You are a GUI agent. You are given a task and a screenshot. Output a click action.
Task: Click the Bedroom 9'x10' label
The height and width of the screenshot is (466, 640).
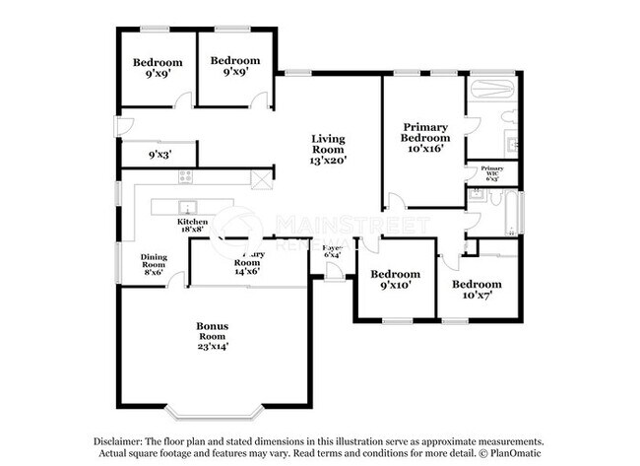click(x=394, y=279)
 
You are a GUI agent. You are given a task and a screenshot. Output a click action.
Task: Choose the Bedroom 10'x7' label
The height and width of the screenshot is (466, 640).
click(x=477, y=289)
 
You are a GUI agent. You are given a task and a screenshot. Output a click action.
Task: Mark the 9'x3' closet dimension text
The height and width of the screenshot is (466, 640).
click(x=158, y=155)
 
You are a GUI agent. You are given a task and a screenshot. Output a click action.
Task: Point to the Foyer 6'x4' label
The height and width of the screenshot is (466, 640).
click(x=332, y=251)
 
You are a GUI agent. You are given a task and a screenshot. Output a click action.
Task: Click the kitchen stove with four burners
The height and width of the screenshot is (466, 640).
click(x=184, y=176)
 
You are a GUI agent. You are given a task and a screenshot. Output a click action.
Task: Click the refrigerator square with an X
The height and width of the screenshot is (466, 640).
click(x=260, y=179)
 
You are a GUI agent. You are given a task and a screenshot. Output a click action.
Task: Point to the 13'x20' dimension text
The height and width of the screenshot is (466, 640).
click(x=329, y=159)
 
